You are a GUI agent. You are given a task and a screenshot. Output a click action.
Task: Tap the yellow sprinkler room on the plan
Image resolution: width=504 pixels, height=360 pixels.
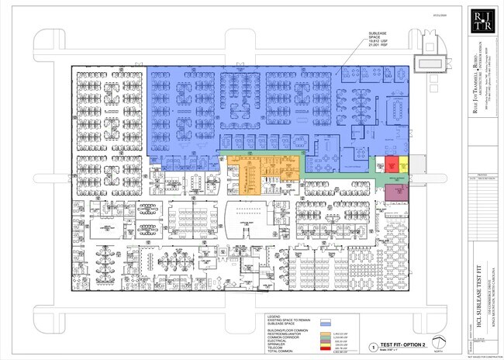(403, 164)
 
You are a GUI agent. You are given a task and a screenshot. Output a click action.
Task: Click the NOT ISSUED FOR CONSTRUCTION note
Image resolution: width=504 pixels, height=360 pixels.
(485, 353)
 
